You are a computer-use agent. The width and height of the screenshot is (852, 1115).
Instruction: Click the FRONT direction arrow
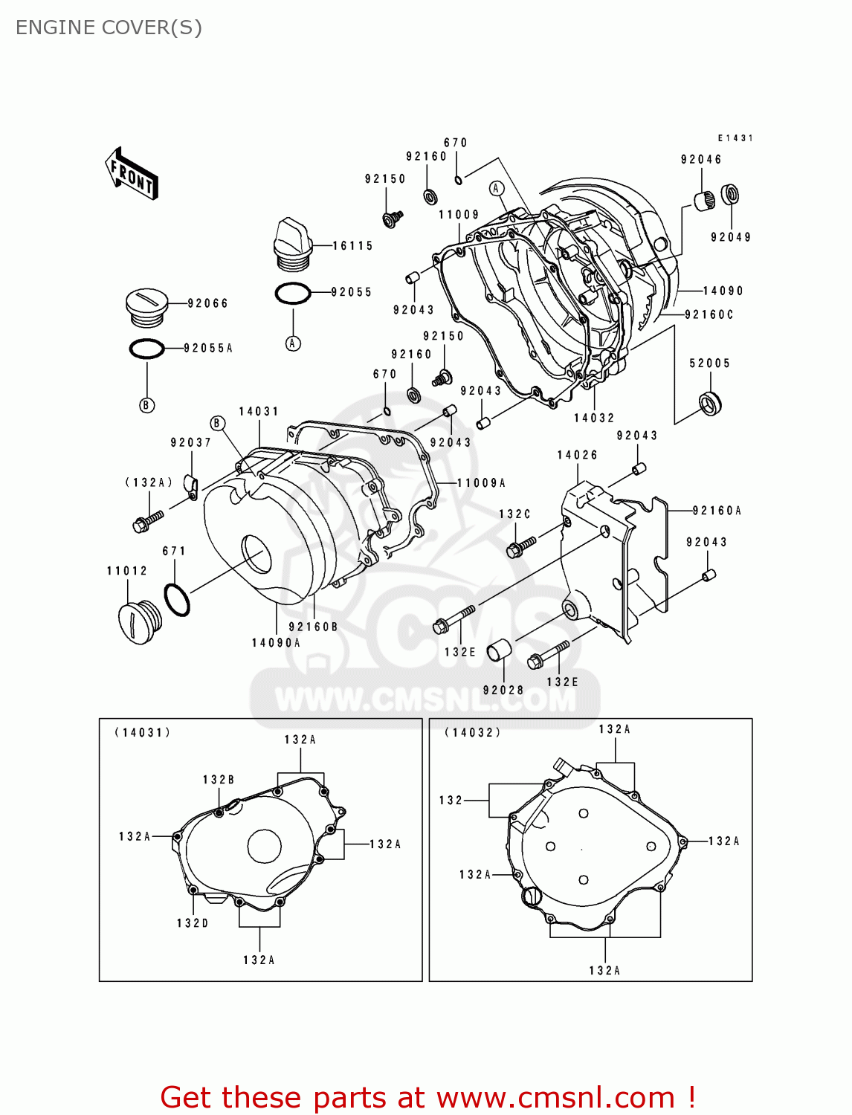(132, 173)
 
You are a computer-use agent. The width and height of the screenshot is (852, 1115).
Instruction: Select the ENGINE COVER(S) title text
(109, 28)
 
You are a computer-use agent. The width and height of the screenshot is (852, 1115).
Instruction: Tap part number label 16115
(352, 246)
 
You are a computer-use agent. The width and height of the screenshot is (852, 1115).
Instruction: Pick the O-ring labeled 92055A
(146, 349)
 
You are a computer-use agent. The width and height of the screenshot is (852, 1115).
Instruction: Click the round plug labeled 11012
(139, 621)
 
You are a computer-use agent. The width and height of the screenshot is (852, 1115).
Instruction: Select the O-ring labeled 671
(176, 600)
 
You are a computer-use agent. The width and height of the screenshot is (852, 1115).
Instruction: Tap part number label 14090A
(276, 643)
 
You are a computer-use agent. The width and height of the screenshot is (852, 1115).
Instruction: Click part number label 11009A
(481, 483)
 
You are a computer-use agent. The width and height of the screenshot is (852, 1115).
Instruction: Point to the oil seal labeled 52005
(711, 402)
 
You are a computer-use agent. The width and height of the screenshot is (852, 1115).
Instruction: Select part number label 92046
(701, 159)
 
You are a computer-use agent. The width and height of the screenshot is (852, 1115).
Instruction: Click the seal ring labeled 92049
(731, 195)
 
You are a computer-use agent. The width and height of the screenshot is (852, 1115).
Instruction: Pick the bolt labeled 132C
(520, 547)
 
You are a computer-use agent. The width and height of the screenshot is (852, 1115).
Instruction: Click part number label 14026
(577, 455)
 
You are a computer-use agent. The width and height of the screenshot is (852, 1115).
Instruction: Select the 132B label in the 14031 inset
(219, 780)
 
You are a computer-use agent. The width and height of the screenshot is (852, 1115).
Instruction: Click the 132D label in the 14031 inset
(193, 923)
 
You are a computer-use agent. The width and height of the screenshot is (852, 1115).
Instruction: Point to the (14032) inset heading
(473, 732)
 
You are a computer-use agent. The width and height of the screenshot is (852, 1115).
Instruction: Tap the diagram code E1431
(735, 138)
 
